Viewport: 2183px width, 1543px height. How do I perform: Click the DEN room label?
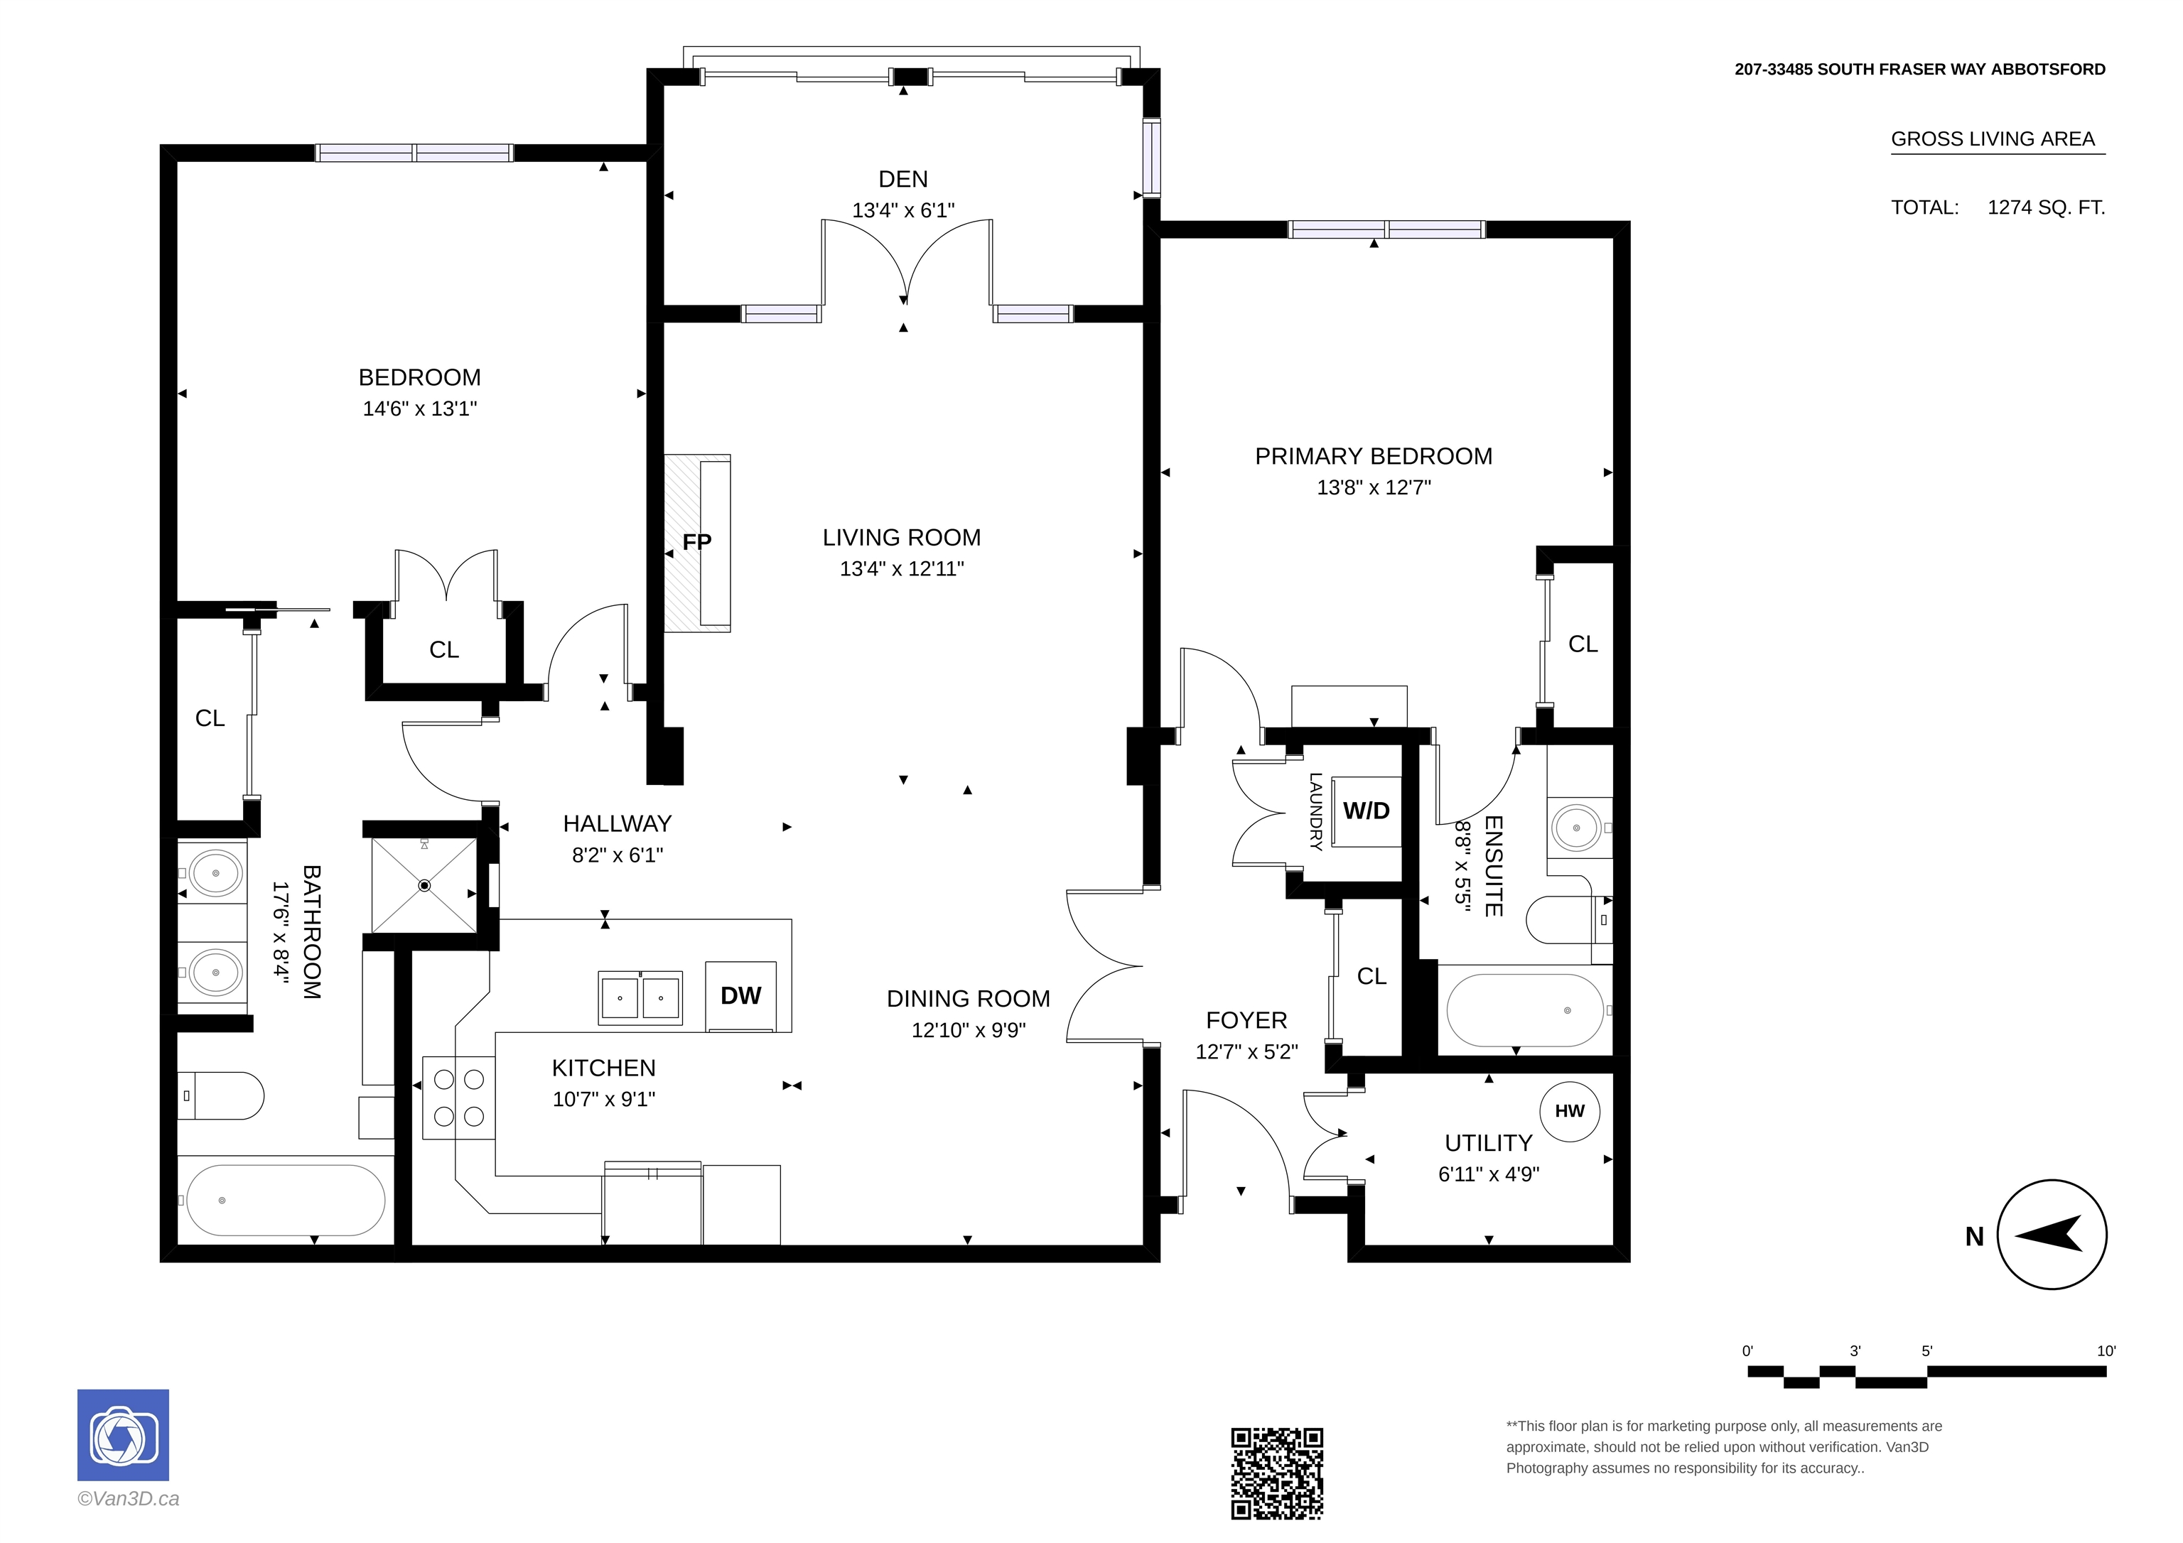click(x=902, y=179)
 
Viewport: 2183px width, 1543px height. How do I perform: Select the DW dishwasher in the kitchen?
click(x=740, y=995)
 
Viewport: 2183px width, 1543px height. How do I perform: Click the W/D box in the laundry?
click(x=1367, y=811)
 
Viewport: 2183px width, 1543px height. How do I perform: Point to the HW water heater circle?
click(x=1570, y=1110)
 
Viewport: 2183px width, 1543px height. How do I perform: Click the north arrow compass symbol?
click(x=2052, y=1234)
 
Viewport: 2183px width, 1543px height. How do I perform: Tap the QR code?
click(x=1277, y=1473)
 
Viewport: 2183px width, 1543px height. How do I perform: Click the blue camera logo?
click(x=123, y=1434)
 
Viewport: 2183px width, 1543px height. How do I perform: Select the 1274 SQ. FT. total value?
click(x=2046, y=207)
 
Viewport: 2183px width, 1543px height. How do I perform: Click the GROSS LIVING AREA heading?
click(x=1993, y=139)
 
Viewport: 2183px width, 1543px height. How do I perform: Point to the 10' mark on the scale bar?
click(x=2106, y=1351)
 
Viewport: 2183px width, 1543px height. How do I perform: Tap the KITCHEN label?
click(x=604, y=1068)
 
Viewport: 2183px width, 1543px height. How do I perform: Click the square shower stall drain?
click(x=425, y=885)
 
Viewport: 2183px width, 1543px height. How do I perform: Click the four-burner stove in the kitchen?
click(x=459, y=1098)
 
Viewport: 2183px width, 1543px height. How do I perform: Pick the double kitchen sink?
click(x=640, y=997)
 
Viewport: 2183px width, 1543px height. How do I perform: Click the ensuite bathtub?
click(x=1525, y=1009)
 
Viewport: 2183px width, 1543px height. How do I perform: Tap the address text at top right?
click(x=1919, y=70)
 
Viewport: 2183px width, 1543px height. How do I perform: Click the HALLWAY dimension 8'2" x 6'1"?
click(x=617, y=855)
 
